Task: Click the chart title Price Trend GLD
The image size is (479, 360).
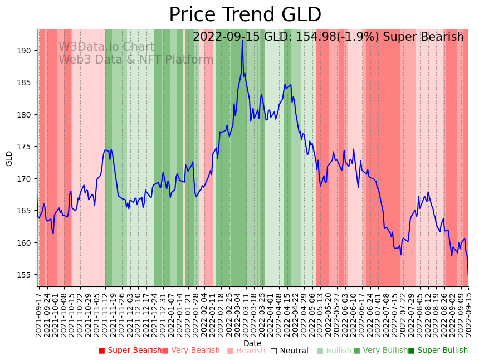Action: click(x=245, y=15)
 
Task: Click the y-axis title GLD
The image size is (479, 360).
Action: click(x=9, y=158)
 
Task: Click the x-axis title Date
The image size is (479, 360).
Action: click(x=252, y=343)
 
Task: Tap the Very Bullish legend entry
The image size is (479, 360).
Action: click(x=380, y=351)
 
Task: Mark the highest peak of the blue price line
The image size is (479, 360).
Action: click(x=242, y=40)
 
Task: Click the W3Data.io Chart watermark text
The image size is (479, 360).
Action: click(x=106, y=47)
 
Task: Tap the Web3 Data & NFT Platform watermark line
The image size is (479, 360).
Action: click(x=136, y=60)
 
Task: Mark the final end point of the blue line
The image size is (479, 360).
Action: click(x=468, y=274)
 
